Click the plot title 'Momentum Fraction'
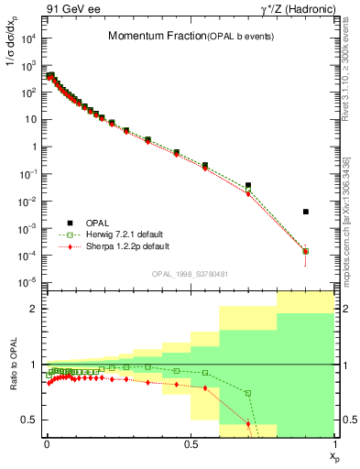pyautogui.click(x=148, y=37)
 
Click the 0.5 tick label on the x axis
pyautogui.click(x=190, y=443)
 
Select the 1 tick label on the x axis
pyautogui.click(x=333, y=443)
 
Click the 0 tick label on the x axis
pyautogui.click(x=46, y=443)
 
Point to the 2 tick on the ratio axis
pyautogui.click(x=35, y=309)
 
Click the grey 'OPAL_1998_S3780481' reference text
pyautogui.click(x=190, y=274)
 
